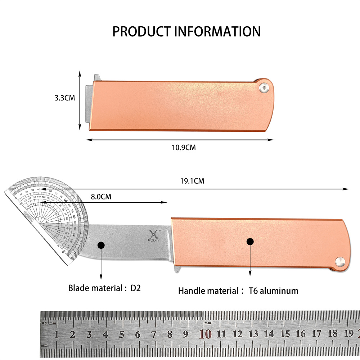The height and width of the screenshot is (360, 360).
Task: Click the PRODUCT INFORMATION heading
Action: click(186, 31)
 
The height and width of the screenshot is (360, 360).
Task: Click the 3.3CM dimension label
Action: click(64, 98)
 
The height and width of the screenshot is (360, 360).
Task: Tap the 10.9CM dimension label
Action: click(184, 148)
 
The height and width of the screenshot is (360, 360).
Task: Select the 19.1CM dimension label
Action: click(192, 181)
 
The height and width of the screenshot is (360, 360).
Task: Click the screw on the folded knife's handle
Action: click(265, 88)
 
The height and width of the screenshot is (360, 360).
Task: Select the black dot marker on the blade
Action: click(101, 245)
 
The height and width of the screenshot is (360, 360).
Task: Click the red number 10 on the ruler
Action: click(205, 334)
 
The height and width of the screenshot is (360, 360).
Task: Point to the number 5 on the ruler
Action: click(121, 334)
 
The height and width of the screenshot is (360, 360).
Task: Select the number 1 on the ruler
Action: click(57, 334)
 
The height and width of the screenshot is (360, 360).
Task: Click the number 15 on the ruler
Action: click(285, 334)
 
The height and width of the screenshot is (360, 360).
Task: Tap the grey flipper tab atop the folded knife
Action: click(97, 77)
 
